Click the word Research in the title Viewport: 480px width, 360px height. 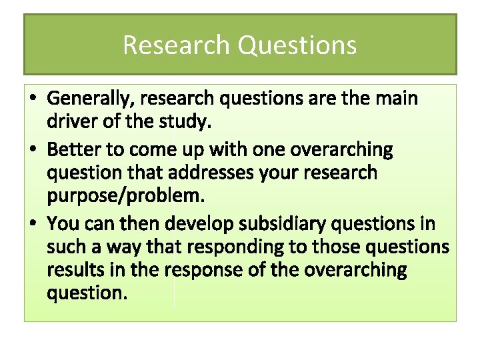(177, 45)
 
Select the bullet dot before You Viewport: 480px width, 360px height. (33, 222)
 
